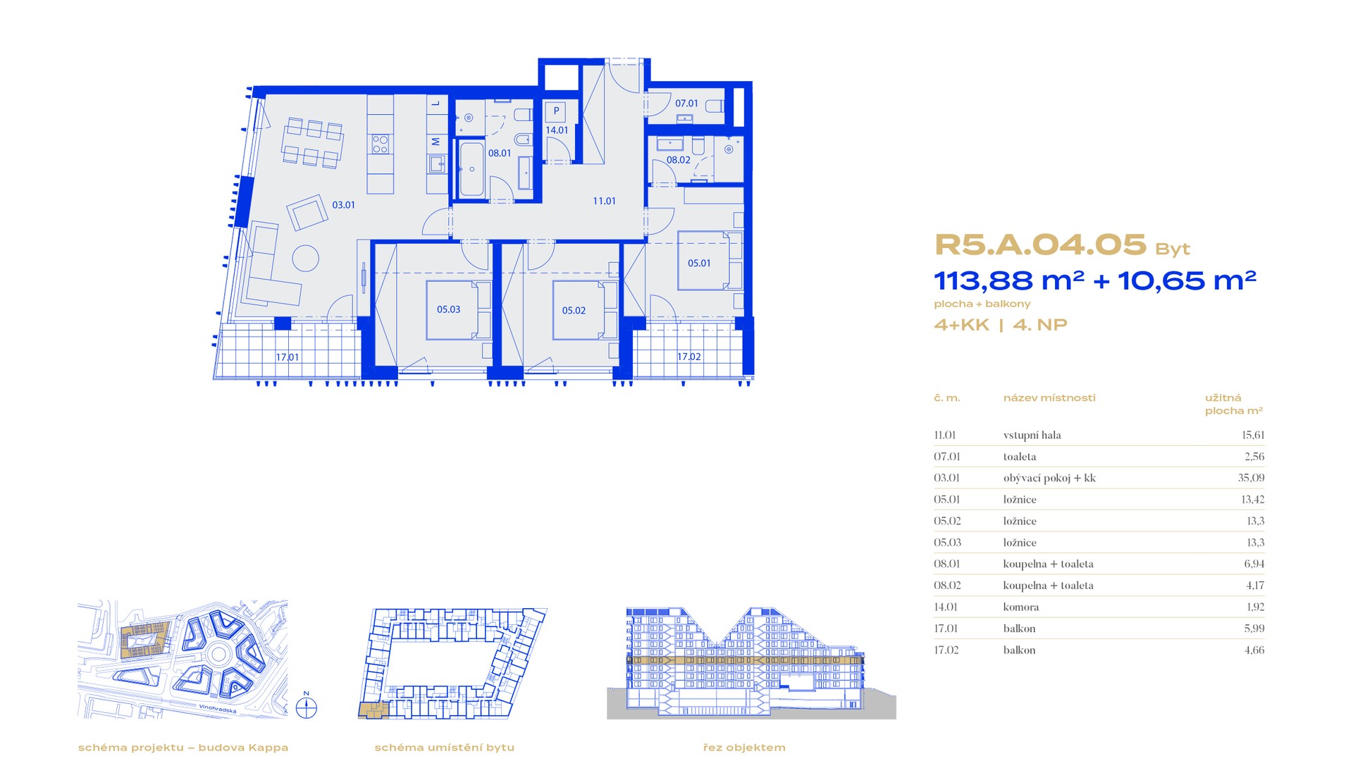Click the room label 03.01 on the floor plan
click(x=344, y=205)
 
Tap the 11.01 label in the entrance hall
click(x=604, y=201)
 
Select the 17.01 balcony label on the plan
click(x=288, y=357)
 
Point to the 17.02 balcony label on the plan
click(x=689, y=357)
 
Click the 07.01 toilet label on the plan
click(x=686, y=103)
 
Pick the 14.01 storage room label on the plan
click(x=557, y=130)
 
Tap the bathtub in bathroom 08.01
click(x=471, y=170)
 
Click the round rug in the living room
click(x=306, y=257)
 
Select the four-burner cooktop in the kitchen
click(x=381, y=144)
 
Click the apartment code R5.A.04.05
click(x=1040, y=245)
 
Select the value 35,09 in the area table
click(x=1251, y=478)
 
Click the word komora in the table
click(x=1021, y=607)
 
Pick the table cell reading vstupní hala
click(x=1032, y=435)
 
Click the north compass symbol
click(x=307, y=707)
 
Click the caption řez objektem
click(x=744, y=748)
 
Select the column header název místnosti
click(x=1049, y=398)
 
